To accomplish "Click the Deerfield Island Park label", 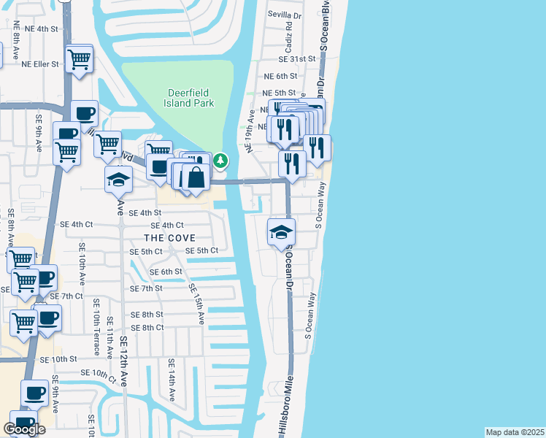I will coord(191,98).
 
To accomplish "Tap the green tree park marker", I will coord(220,161).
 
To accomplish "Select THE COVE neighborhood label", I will coord(169,238).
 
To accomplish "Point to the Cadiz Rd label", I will coord(289,35).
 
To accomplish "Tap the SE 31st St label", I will coord(296,59).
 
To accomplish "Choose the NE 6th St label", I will coord(281,76).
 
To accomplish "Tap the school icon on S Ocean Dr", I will coord(281,232).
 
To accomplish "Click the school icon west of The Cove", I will coord(118,179).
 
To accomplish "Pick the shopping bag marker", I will coord(196,177).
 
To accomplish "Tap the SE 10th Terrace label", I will coord(96,331).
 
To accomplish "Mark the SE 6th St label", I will coord(166,272).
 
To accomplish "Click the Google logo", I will coord(24,429).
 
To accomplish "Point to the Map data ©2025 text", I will coord(515,432).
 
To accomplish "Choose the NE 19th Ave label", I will coord(250,131).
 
